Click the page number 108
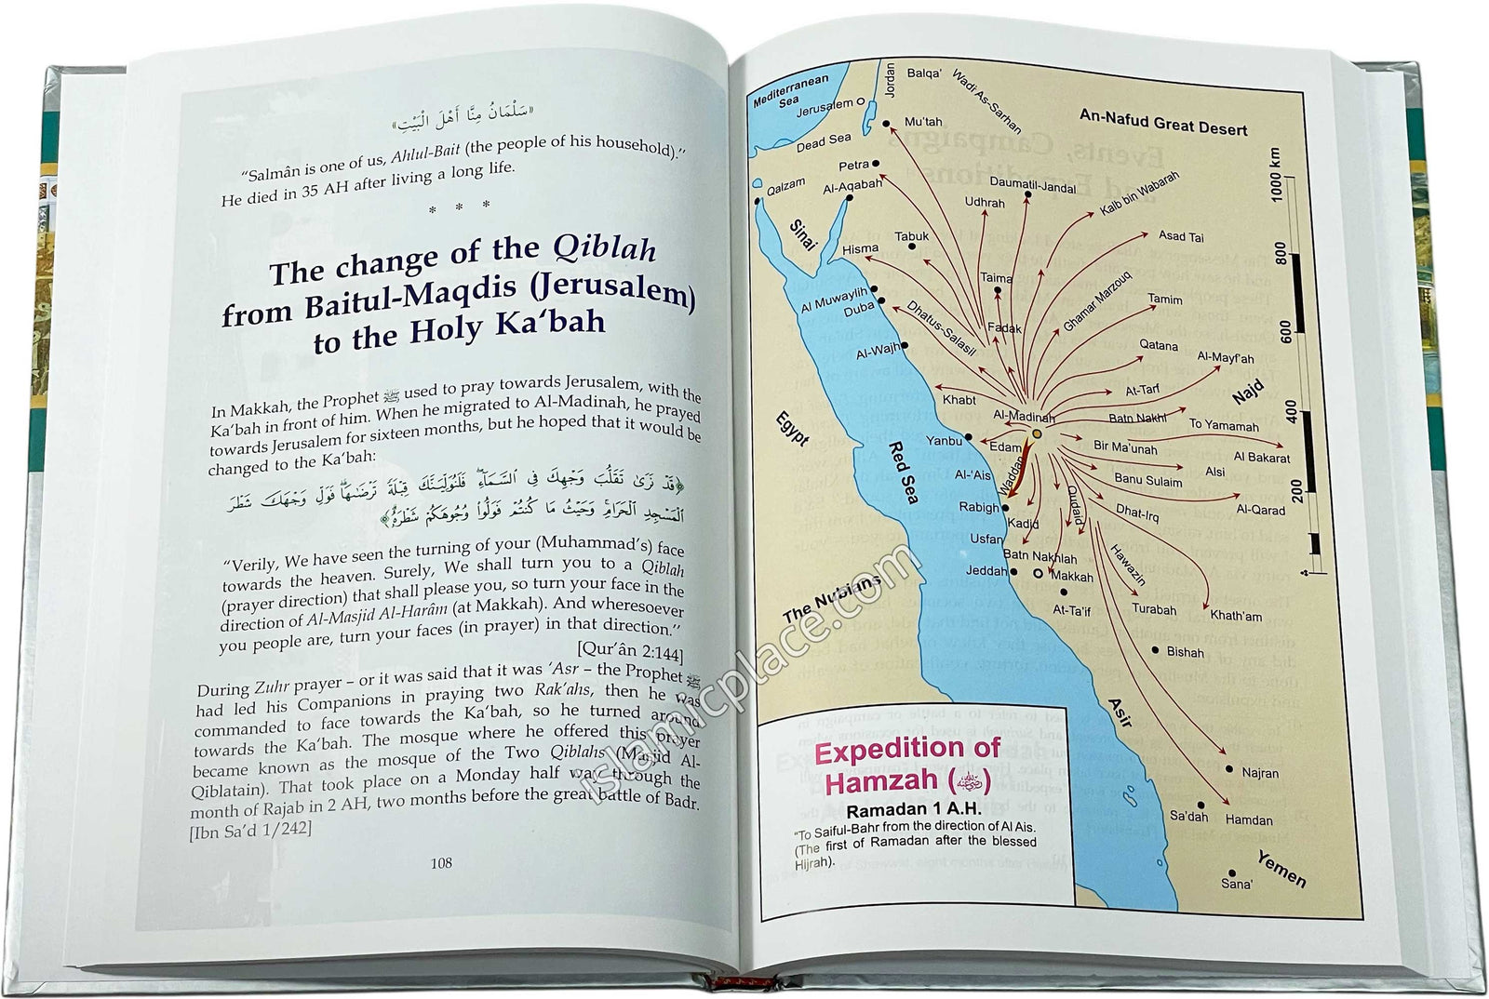click(x=441, y=863)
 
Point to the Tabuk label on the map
click(x=912, y=237)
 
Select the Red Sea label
click(x=903, y=472)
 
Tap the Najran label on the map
click(x=1260, y=773)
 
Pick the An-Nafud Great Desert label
click(x=1163, y=122)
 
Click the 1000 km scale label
click(x=1276, y=174)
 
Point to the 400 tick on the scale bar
click(x=1290, y=411)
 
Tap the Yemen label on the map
click(x=1282, y=868)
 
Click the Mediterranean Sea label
click(x=790, y=92)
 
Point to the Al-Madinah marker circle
click(x=1037, y=433)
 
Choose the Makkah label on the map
click(x=1072, y=577)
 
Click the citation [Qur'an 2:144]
click(x=630, y=649)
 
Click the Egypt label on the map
click(x=793, y=430)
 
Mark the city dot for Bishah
click(x=1156, y=650)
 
